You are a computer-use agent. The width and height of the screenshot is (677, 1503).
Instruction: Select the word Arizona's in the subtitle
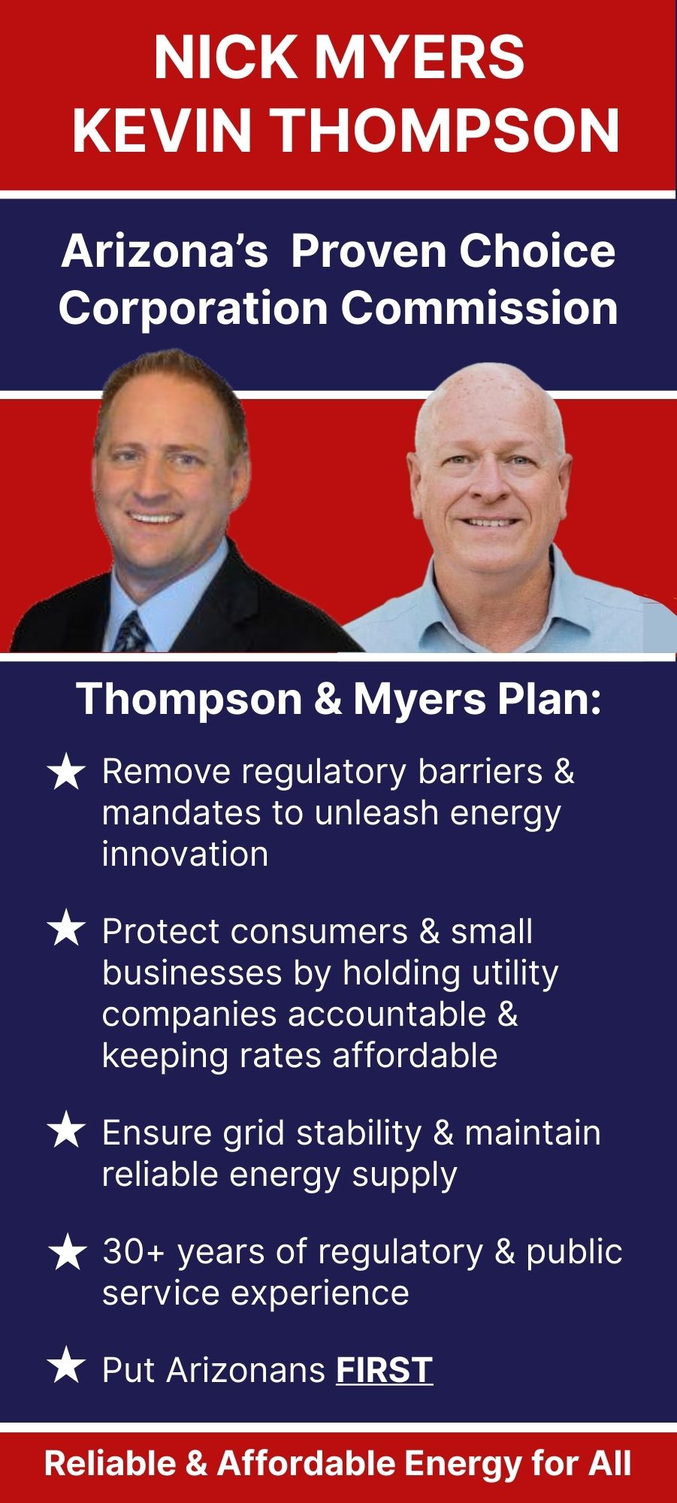click(x=165, y=251)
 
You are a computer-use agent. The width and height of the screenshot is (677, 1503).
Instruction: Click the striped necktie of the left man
click(x=132, y=631)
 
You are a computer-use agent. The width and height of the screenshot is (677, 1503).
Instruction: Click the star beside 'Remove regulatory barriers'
click(x=66, y=773)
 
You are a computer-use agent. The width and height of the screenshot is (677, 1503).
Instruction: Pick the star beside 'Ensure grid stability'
click(x=66, y=1132)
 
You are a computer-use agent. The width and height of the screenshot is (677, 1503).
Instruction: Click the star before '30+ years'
click(x=66, y=1253)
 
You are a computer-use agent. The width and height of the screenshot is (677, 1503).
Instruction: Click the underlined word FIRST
click(x=384, y=1369)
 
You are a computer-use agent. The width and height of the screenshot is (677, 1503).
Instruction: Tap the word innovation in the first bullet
click(x=185, y=854)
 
